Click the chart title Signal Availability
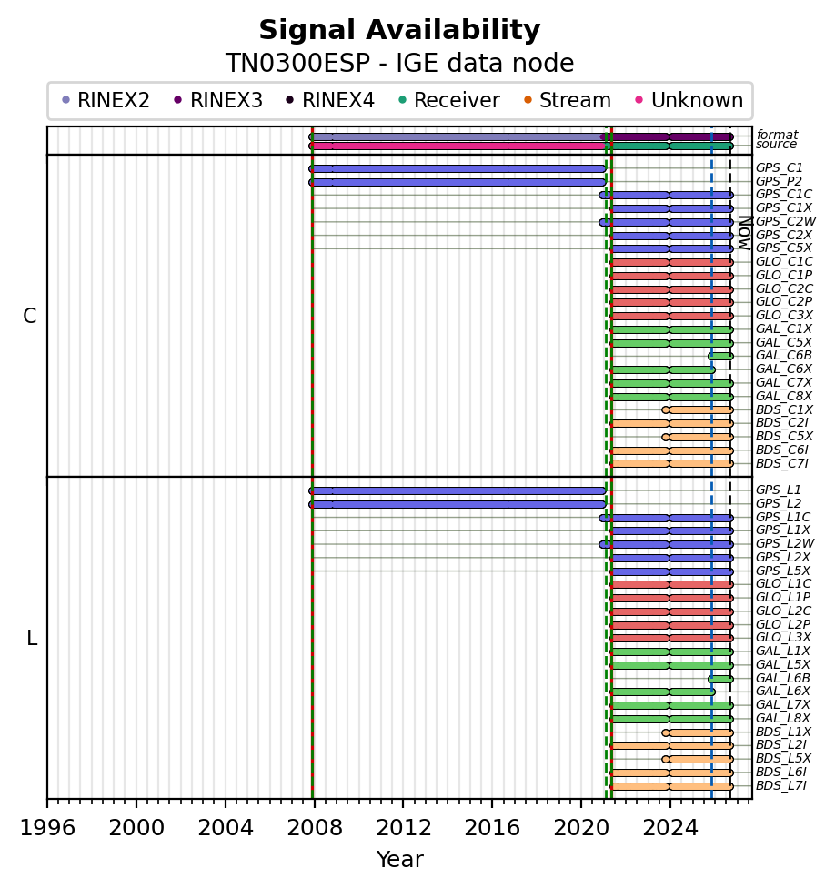[399, 30]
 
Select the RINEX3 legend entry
[218, 100]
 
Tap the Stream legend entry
[568, 100]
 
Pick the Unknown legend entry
[689, 100]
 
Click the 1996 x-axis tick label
[47, 828]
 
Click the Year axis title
[399, 860]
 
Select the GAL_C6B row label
[783, 356]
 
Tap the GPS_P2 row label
[779, 181]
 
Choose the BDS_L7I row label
[780, 785]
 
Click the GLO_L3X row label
[783, 637]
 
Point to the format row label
[777, 135]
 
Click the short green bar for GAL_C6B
[720, 356]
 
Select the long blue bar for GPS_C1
[458, 169]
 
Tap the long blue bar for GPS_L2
[458, 505]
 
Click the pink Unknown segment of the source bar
[458, 146]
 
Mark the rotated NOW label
[745, 233]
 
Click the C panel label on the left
[29, 316]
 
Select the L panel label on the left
[32, 639]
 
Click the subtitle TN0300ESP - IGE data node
[399, 63]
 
